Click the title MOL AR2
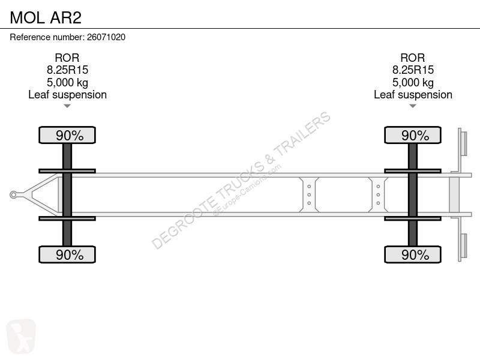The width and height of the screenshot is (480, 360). [46, 17]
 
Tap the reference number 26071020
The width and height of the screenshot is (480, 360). [106, 37]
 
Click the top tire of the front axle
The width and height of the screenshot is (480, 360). [67, 135]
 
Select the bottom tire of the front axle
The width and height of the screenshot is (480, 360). [67, 254]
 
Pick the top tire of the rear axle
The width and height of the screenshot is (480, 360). [413, 135]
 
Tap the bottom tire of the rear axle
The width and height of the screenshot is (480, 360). [413, 254]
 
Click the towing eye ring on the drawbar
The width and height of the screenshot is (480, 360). [13, 194]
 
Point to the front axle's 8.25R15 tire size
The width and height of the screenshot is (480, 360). [67, 70]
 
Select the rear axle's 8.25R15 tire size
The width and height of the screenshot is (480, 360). [413, 70]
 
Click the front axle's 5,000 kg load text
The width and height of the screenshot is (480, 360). [67, 83]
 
